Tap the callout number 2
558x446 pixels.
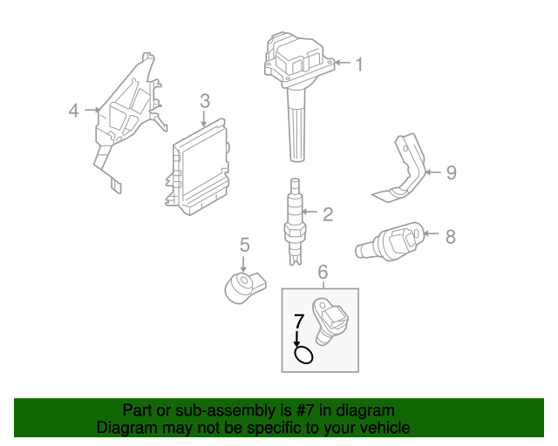click(328, 214)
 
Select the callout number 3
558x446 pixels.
click(204, 102)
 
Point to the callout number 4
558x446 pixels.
click(74, 111)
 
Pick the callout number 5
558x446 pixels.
click(245, 245)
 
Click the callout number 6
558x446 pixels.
click(323, 274)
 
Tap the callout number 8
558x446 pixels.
click(450, 235)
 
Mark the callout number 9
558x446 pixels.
click(451, 172)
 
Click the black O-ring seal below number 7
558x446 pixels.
click(304, 355)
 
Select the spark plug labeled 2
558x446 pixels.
click(295, 223)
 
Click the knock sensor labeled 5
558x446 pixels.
click(242, 287)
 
